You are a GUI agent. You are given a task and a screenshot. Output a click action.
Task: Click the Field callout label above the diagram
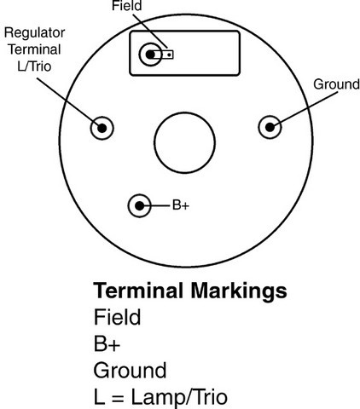tap(126, 6)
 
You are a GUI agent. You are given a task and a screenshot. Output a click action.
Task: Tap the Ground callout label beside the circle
tap(336, 84)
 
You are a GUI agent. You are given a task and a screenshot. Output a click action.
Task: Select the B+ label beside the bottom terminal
tap(181, 205)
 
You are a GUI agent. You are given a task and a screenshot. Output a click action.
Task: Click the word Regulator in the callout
tap(34, 33)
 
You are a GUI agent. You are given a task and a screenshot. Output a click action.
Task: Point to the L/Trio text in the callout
tap(34, 66)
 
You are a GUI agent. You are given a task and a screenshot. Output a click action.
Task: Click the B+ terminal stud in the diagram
tap(139, 205)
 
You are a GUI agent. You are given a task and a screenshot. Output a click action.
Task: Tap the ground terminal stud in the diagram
tap(270, 127)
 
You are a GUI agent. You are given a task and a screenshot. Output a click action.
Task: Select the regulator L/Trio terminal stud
tap(102, 128)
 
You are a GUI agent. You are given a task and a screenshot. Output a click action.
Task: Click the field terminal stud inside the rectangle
tap(150, 55)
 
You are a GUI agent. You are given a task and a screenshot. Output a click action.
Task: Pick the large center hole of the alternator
tap(184, 142)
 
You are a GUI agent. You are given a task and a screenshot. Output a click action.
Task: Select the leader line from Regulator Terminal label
tap(68, 102)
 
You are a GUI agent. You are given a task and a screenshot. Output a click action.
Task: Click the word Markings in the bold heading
tap(239, 291)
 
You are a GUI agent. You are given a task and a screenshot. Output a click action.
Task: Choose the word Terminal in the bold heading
tap(138, 291)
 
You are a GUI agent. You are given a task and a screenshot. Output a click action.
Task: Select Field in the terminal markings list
tap(117, 317)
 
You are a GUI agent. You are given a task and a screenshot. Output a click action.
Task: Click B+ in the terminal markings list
tap(107, 343)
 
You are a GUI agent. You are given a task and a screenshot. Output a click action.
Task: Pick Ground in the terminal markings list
tap(130, 370)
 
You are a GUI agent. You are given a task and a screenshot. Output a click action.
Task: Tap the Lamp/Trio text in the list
tap(179, 397)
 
